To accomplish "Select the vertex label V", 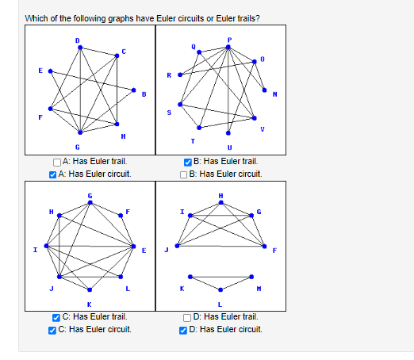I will coord(263,129).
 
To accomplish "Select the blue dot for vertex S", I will coord(181,105).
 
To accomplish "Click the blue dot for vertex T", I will coord(199,127).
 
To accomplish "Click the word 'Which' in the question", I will coord(36,18).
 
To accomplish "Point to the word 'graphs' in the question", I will coord(124,18).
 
